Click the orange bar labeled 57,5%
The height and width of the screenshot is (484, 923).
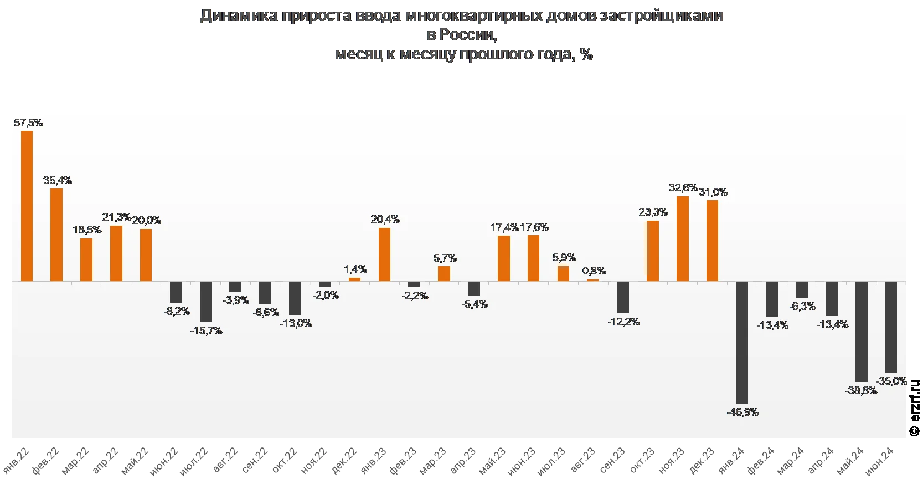(27, 206)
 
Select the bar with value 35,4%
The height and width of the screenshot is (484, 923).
(56, 235)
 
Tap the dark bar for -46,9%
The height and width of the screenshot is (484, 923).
(742, 342)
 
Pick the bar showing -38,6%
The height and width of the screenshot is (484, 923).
(861, 332)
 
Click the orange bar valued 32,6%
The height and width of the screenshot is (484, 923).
(683, 238)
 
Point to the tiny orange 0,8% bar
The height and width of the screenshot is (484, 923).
(593, 280)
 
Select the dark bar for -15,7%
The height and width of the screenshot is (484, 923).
(205, 302)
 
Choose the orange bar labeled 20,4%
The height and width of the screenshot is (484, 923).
(384, 254)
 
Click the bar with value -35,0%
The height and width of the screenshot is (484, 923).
(891, 327)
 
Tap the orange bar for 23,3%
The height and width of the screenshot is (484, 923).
(653, 251)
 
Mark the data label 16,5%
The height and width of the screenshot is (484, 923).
(87, 230)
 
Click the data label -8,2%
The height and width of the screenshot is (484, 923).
(177, 312)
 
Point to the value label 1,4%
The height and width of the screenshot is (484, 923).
(355, 269)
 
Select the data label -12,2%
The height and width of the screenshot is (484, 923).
(623, 322)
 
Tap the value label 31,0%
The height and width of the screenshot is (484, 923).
(713, 192)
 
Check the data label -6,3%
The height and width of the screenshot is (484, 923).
(802, 306)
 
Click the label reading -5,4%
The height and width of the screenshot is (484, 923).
(475, 304)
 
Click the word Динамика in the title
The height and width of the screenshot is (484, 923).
(239, 15)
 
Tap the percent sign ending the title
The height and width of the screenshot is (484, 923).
(587, 54)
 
